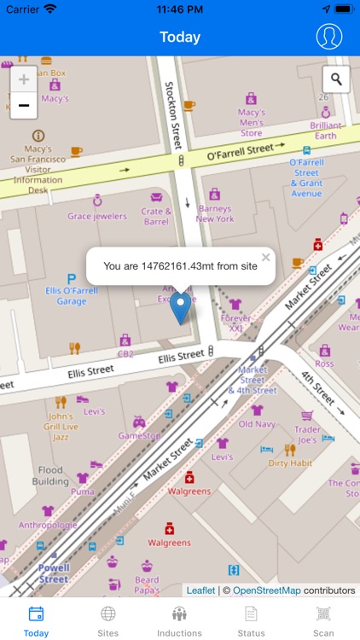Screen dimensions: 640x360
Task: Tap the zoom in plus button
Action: (x=24, y=79)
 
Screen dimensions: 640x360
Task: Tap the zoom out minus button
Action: (x=24, y=106)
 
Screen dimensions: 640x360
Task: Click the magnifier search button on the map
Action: (x=336, y=79)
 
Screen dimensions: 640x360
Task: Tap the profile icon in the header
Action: (x=328, y=37)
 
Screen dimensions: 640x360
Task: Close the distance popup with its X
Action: (x=265, y=257)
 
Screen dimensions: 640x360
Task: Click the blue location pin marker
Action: (x=180, y=307)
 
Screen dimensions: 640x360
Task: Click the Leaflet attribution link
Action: (x=200, y=590)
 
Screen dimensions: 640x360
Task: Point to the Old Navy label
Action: (x=257, y=424)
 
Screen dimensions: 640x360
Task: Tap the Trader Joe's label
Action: (x=308, y=434)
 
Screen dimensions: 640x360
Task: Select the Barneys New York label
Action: (x=214, y=213)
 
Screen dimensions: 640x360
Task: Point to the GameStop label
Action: (x=139, y=435)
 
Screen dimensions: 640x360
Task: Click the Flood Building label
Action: (x=50, y=474)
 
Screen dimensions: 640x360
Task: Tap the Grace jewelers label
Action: (x=97, y=216)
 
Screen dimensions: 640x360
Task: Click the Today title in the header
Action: (x=180, y=37)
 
